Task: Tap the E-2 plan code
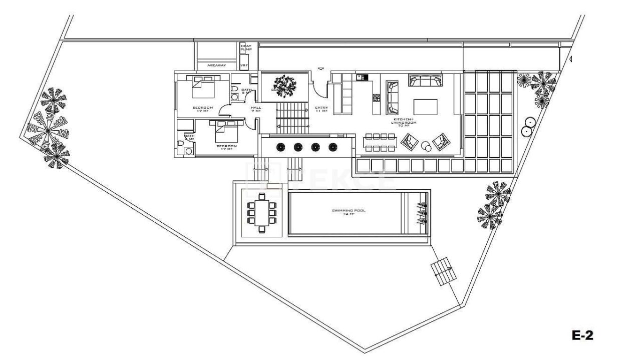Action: click(x=582, y=335)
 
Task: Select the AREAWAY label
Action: click(x=216, y=65)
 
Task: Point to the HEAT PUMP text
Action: click(x=245, y=48)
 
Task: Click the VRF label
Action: click(x=244, y=65)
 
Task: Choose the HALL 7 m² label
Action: click(x=255, y=109)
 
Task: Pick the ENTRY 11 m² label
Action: click(x=321, y=109)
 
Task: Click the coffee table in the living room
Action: click(x=425, y=107)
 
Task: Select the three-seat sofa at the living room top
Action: click(x=425, y=81)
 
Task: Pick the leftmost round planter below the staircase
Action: click(x=280, y=147)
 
